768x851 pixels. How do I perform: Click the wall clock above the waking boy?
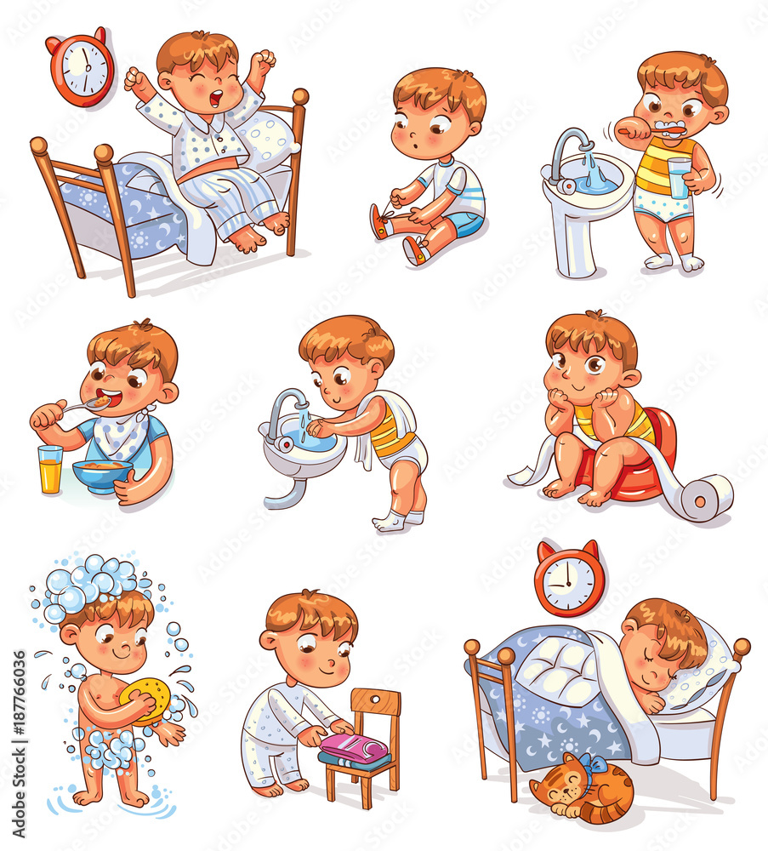(82, 67)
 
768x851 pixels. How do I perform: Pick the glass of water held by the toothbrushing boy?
(680, 178)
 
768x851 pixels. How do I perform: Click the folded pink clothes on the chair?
(356, 747)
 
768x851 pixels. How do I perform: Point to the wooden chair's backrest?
(376, 702)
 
